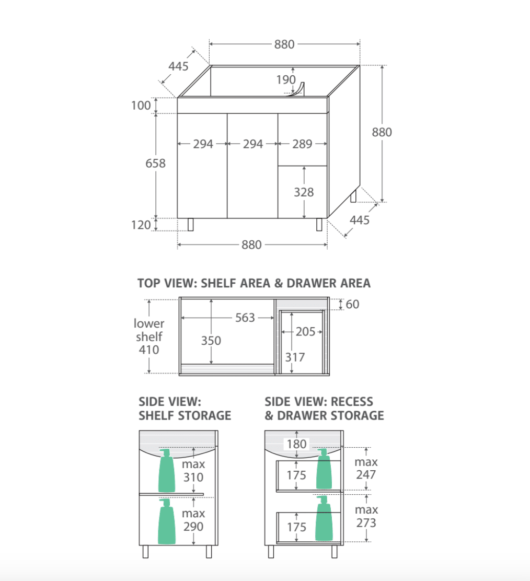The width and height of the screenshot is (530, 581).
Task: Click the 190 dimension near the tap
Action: pyautogui.click(x=286, y=80)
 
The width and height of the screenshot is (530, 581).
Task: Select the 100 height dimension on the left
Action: pyautogui.click(x=141, y=106)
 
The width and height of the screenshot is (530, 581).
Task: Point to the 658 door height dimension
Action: pyautogui.click(x=155, y=164)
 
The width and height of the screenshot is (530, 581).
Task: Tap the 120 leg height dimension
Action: pyautogui.click(x=141, y=225)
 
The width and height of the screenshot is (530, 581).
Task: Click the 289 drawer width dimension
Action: pyautogui.click(x=302, y=144)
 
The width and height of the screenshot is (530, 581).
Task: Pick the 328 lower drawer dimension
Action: pyautogui.click(x=304, y=192)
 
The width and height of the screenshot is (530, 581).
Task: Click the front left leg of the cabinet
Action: pyautogui.click(x=190, y=225)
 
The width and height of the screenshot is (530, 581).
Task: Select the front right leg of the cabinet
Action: pyautogui.click(x=319, y=225)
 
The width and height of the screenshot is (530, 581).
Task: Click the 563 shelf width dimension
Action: pyautogui.click(x=245, y=317)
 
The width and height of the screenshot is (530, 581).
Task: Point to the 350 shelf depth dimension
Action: pyautogui.click(x=211, y=341)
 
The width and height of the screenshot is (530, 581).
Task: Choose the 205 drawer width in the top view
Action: pyautogui.click(x=305, y=331)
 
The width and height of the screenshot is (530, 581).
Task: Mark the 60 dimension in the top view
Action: pyautogui.click(x=353, y=304)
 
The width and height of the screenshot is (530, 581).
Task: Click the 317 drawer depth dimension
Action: pyautogui.click(x=295, y=357)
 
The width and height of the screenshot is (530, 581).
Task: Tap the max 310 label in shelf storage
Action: pyautogui.click(x=193, y=471)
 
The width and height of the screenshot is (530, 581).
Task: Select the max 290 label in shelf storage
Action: pyautogui.click(x=193, y=520)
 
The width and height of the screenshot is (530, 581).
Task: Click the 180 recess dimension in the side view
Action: pyautogui.click(x=296, y=444)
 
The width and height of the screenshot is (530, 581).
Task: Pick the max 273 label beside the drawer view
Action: pyautogui.click(x=366, y=516)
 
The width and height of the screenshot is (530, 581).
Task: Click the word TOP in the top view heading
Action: pyautogui.click(x=149, y=283)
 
